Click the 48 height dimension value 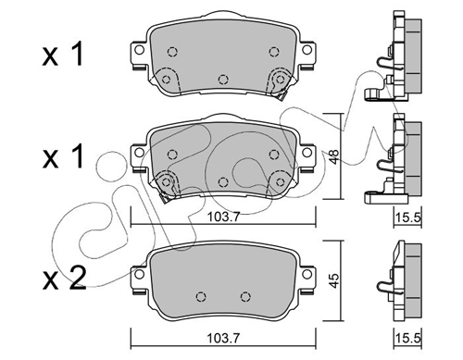[x=335, y=156]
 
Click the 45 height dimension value [x=335, y=280]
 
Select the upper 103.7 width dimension [x=223, y=217]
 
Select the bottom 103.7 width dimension [x=223, y=339]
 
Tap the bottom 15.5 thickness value [x=408, y=339]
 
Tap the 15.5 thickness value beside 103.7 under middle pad [x=408, y=217]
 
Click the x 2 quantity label [x=64, y=279]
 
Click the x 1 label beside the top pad [x=63, y=55]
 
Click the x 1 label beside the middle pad [x=63, y=156]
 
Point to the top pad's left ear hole [x=140, y=50]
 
